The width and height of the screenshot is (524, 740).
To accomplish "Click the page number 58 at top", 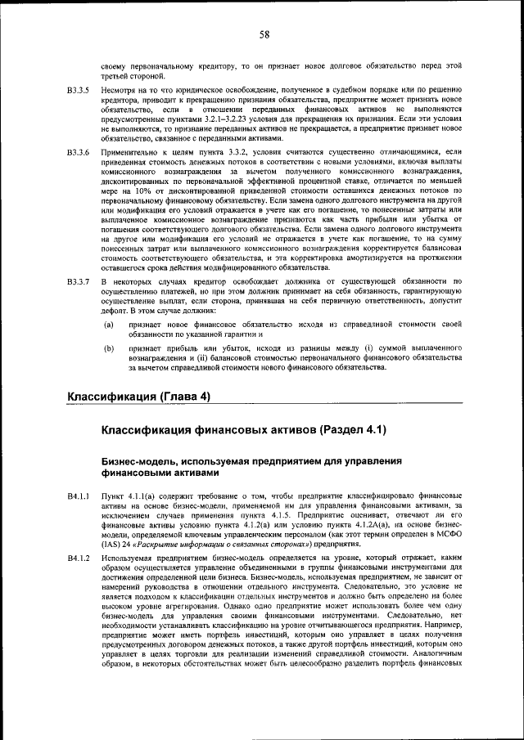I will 264,34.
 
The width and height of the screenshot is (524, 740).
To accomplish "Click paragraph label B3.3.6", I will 78,153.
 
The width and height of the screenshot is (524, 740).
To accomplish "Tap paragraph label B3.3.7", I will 78,281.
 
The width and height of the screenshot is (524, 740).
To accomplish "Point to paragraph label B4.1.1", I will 78,496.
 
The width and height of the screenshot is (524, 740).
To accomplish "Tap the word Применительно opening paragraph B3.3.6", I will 129,153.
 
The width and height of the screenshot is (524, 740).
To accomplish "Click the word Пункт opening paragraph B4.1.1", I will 111,496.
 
